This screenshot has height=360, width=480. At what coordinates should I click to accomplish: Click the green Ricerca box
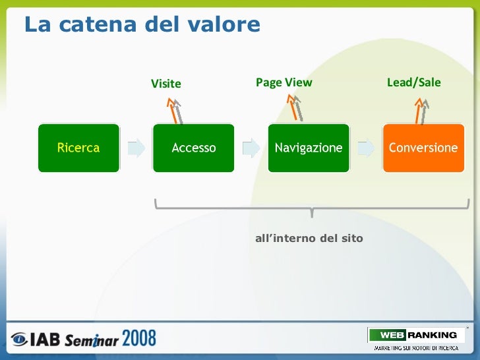pos(78,148)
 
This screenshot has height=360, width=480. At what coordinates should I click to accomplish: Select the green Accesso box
pos(193,148)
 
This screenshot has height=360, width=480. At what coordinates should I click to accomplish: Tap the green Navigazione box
pos(308,148)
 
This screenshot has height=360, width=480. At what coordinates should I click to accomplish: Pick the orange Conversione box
pos(423,148)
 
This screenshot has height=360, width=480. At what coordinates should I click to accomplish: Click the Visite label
pos(165,84)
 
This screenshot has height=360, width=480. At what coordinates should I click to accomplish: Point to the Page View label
pos(284,82)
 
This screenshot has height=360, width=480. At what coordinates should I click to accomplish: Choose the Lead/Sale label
pos(413,82)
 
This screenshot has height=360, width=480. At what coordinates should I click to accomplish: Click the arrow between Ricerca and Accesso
pos(136,148)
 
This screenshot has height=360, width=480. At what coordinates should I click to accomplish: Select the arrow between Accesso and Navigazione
pos(251,148)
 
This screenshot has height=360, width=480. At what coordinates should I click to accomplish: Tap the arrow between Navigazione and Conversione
pos(366,148)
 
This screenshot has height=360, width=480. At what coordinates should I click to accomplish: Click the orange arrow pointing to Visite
pos(174,110)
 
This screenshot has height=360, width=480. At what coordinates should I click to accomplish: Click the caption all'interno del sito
pos(309,238)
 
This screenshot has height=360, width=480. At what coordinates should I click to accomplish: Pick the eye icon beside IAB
pos(19,340)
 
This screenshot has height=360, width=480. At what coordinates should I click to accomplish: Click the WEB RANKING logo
pos(413,335)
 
